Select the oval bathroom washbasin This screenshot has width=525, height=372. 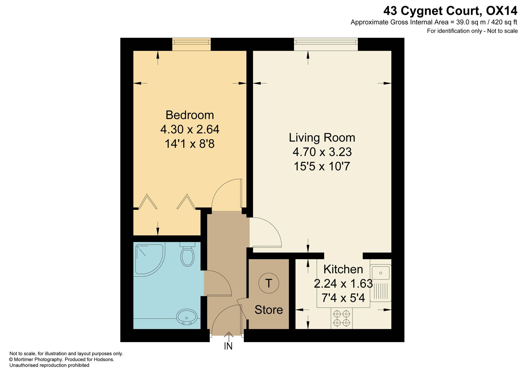point(187,317)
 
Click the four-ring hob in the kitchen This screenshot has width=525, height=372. point(342,318)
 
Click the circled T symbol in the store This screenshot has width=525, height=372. point(269,283)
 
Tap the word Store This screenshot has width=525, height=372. point(269,310)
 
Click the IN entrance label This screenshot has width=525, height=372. point(228,346)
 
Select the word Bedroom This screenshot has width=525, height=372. point(190,115)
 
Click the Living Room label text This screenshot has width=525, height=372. point(322,138)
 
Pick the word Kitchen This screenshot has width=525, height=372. point(343,269)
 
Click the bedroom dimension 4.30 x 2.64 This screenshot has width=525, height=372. point(190,129)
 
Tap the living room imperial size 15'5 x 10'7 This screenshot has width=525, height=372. point(322,166)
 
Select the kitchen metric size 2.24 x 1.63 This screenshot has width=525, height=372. point(343,284)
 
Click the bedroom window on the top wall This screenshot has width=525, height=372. point(191,44)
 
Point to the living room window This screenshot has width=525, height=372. point(326,44)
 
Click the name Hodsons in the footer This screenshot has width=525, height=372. point(104,359)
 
